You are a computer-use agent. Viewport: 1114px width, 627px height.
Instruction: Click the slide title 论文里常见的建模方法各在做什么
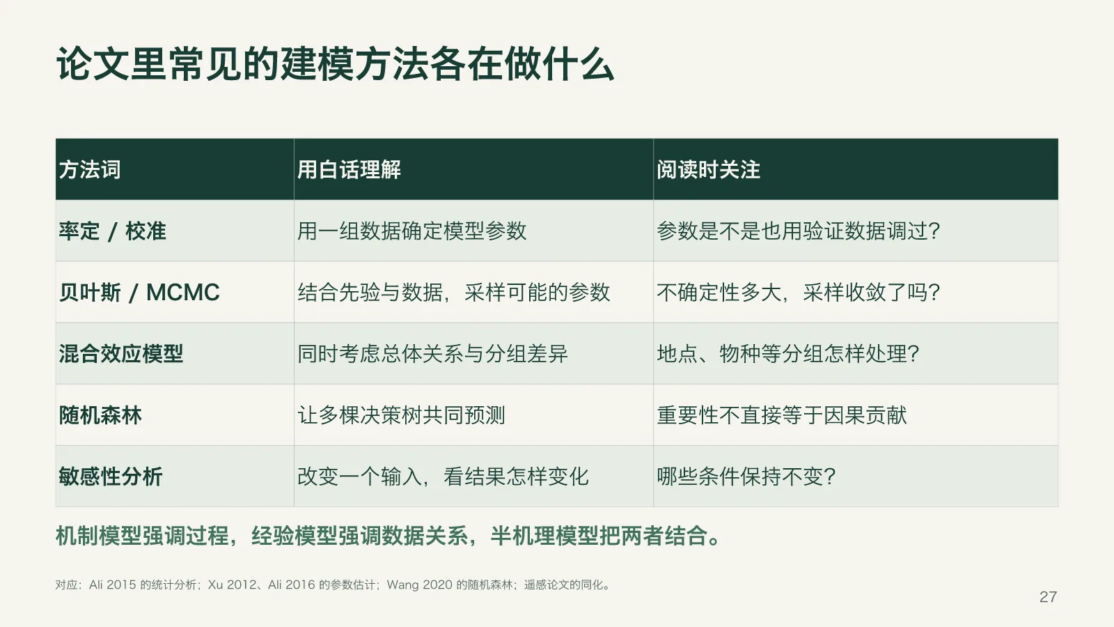[335, 64]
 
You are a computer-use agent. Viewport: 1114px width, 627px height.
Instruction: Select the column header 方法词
[90, 170]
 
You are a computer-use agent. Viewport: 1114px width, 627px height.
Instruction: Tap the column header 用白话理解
[349, 170]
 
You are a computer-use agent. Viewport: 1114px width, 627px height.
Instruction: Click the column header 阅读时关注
[708, 170]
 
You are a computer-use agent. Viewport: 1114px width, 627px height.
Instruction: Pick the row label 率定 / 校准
[112, 231]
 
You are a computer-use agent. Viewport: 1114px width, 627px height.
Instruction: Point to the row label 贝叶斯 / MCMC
[139, 293]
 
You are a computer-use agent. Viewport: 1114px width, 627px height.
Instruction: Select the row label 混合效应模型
[121, 354]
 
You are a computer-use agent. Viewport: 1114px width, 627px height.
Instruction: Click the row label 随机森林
[100, 415]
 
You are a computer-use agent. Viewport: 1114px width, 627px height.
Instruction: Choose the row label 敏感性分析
[111, 477]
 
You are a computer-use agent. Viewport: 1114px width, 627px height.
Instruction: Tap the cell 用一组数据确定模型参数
[411, 231]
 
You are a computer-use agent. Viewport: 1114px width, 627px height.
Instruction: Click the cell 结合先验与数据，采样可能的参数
[453, 293]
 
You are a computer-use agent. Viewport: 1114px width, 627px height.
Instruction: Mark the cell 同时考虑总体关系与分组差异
[432, 354]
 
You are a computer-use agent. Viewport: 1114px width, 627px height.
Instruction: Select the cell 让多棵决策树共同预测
[401, 415]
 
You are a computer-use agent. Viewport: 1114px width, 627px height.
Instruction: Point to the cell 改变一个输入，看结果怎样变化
[443, 477]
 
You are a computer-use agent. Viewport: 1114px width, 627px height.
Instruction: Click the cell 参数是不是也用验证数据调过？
[798, 231]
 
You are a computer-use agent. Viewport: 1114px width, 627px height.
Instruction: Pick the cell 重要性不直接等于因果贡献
[782, 415]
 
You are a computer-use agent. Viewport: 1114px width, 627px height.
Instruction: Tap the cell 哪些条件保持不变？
[746, 477]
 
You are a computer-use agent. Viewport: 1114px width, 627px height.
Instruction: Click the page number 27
[1048, 596]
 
